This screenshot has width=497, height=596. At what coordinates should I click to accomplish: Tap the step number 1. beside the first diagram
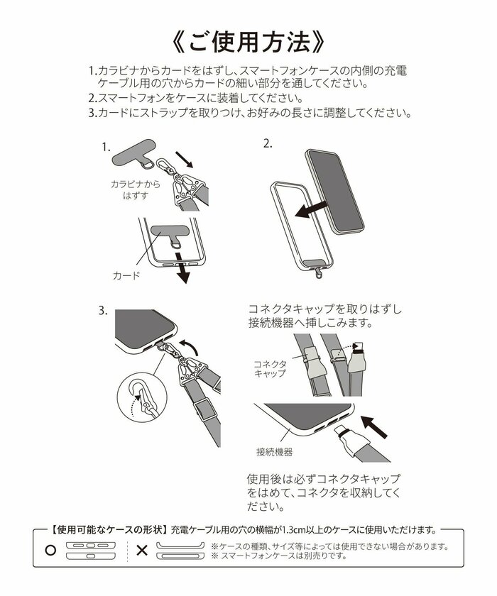point(106,148)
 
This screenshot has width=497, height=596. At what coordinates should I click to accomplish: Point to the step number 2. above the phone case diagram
point(268,143)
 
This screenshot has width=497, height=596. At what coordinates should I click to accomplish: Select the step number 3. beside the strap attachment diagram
point(104,310)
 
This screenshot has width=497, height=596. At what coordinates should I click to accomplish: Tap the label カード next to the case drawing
point(127,274)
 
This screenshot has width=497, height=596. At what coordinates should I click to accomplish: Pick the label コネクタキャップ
point(270,368)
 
